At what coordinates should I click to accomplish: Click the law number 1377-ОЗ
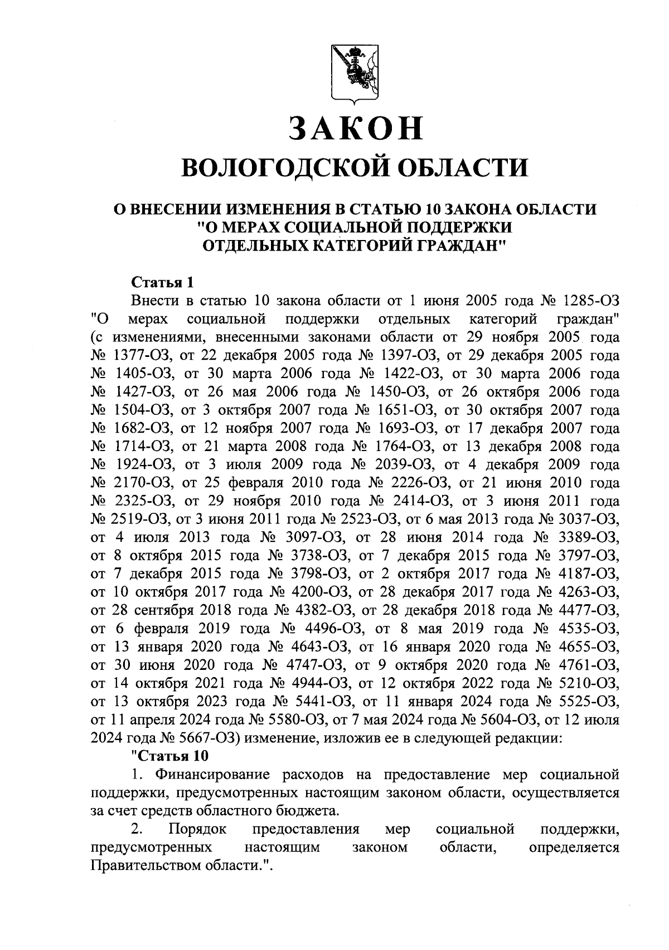click(x=138, y=355)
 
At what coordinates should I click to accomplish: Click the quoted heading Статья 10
click(x=168, y=756)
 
